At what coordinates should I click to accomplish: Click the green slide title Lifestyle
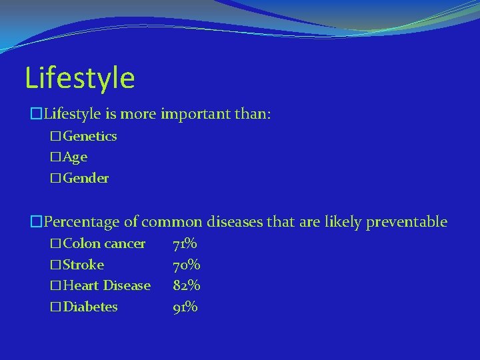point(80,78)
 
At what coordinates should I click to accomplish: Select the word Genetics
point(90,137)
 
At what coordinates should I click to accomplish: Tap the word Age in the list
point(75,157)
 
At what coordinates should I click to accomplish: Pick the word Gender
point(86,179)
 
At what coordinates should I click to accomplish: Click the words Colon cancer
point(104,244)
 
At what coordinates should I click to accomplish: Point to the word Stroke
point(83,265)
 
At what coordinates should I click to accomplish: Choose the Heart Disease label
point(107,286)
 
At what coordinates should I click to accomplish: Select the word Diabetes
point(90,307)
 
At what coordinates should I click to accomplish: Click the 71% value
point(185,244)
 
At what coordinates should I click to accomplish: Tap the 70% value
point(187,265)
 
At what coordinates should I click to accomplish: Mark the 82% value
point(187,286)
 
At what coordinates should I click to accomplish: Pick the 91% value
point(185,307)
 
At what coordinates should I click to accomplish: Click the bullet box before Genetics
point(55,137)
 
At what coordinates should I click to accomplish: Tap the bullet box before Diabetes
point(55,307)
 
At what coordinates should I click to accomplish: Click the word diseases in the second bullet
point(235,222)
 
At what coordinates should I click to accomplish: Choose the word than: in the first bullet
point(253,115)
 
